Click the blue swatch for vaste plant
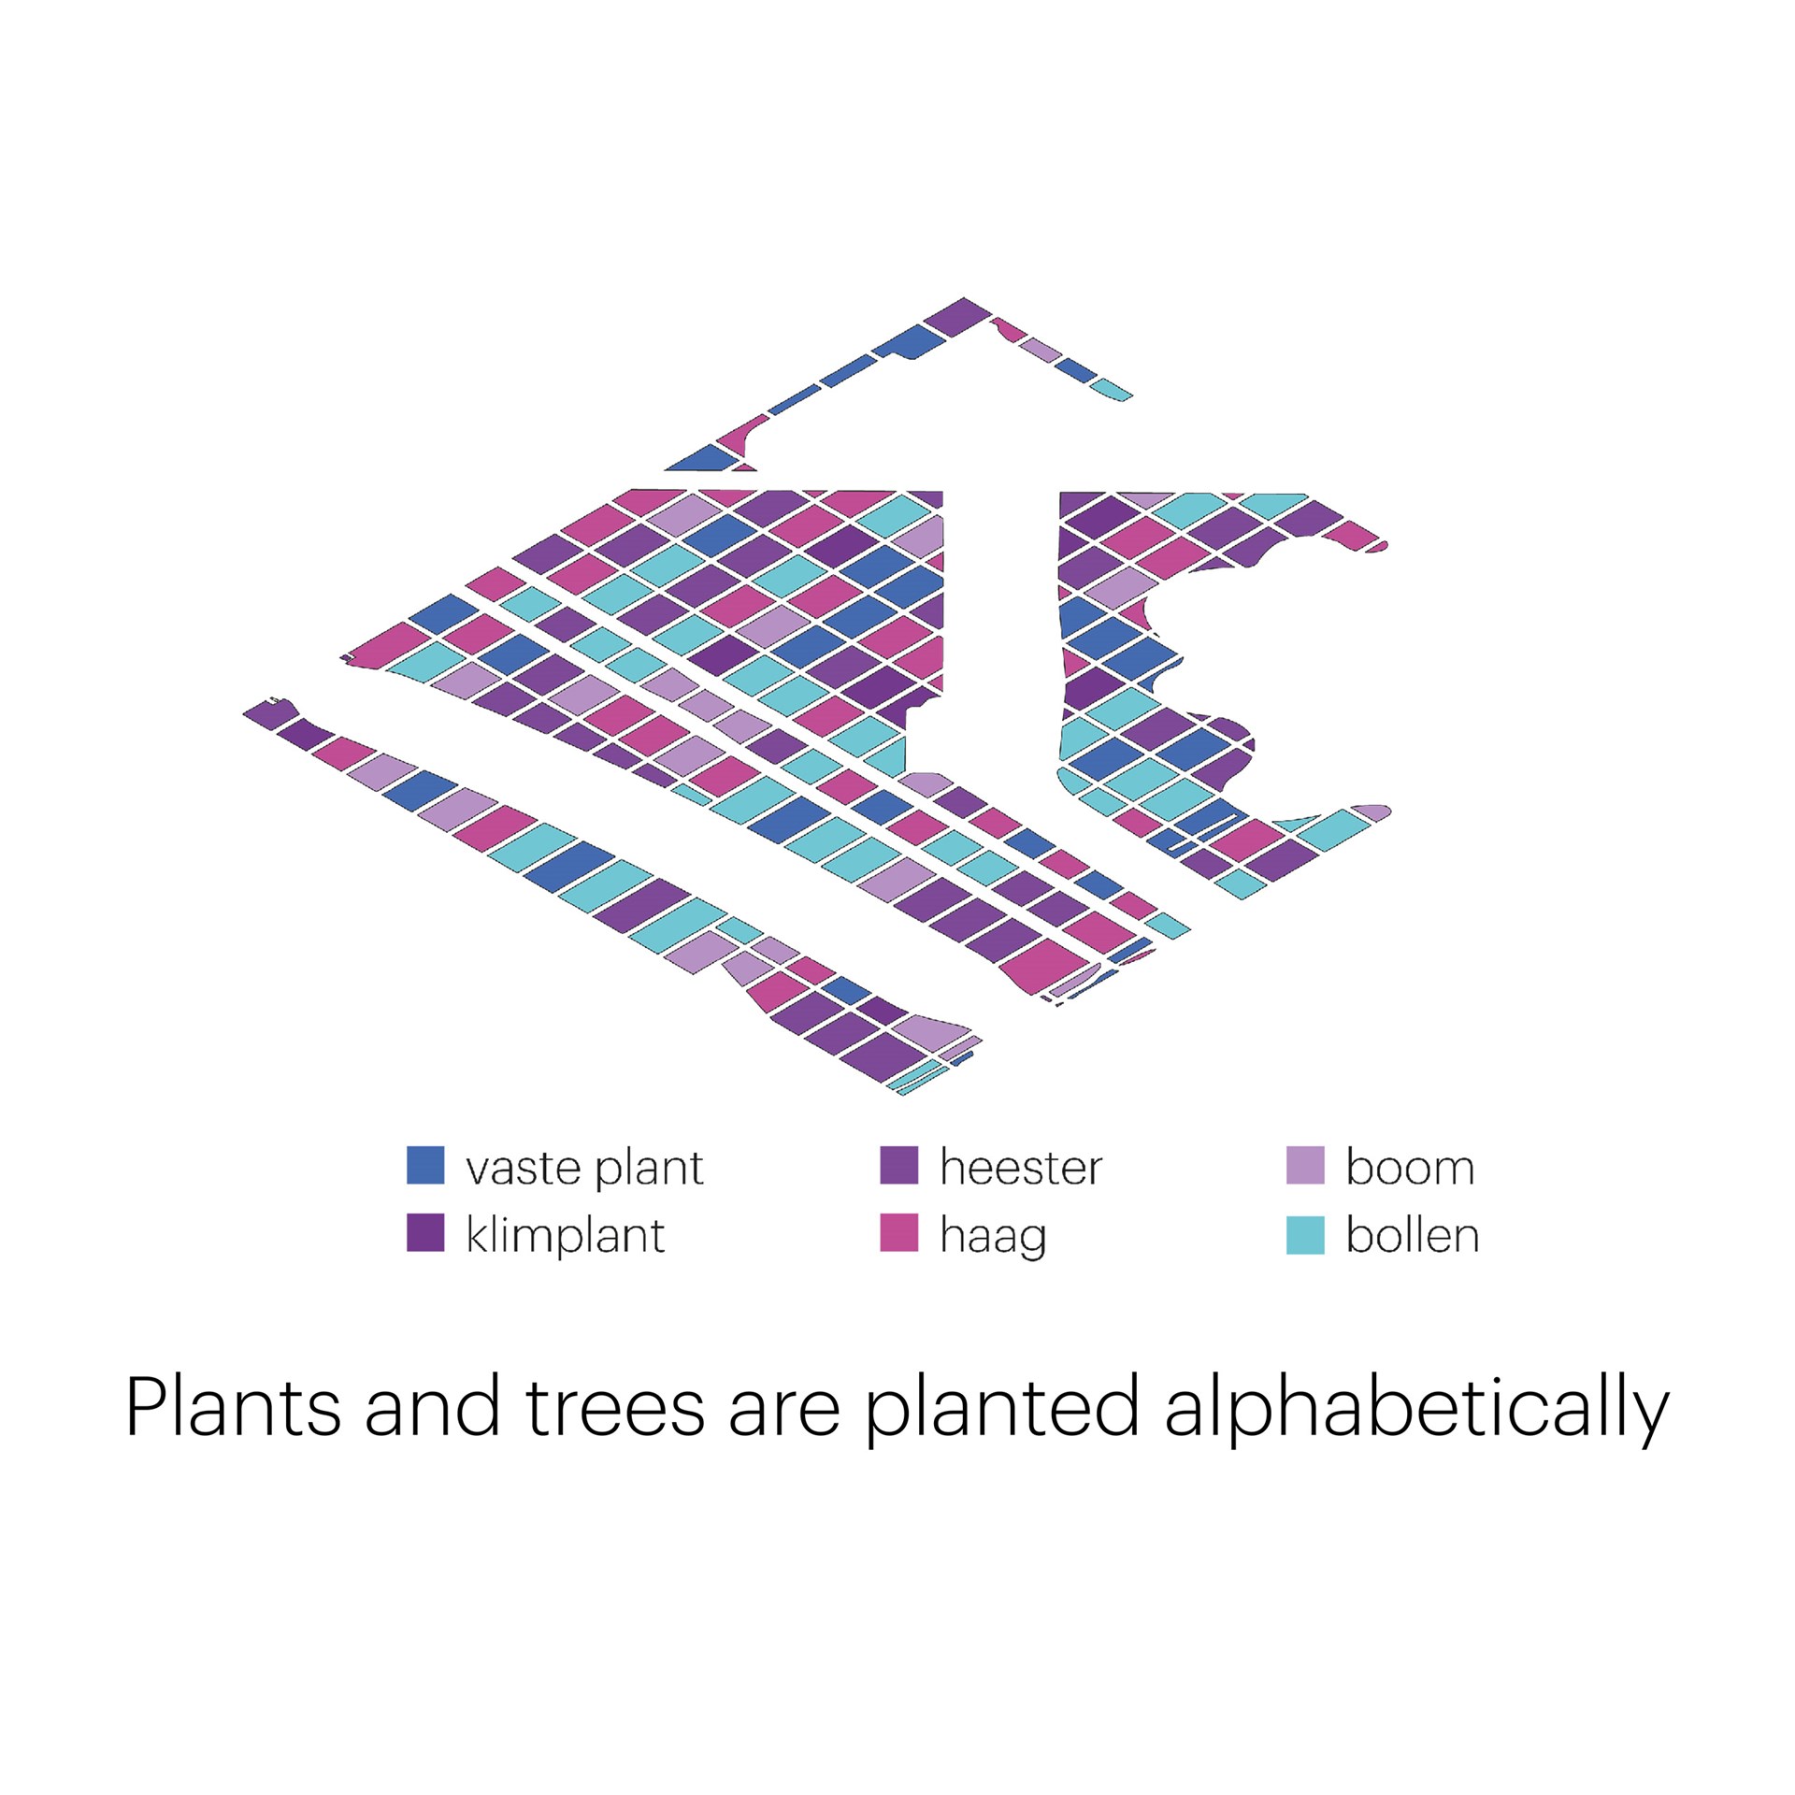pyautogui.click(x=425, y=1165)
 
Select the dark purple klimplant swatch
pyautogui.click(x=425, y=1232)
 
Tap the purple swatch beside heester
pyautogui.click(x=898, y=1165)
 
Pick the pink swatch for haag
pyautogui.click(x=898, y=1232)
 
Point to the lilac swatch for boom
pyautogui.click(x=1305, y=1165)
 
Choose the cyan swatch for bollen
pyautogui.click(x=1305, y=1234)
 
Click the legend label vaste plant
pyautogui.click(x=584, y=1169)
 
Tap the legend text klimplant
pyautogui.click(x=566, y=1236)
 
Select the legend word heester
pyautogui.click(x=1021, y=1167)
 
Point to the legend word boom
pyautogui.click(x=1410, y=1167)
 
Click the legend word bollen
pyautogui.click(x=1413, y=1234)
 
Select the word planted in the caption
pyautogui.click(x=1001, y=1412)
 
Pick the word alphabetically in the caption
pyautogui.click(x=1416, y=1412)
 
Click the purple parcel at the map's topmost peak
pyautogui.click(x=957, y=317)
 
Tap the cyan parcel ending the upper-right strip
pyautogui.click(x=1112, y=389)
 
